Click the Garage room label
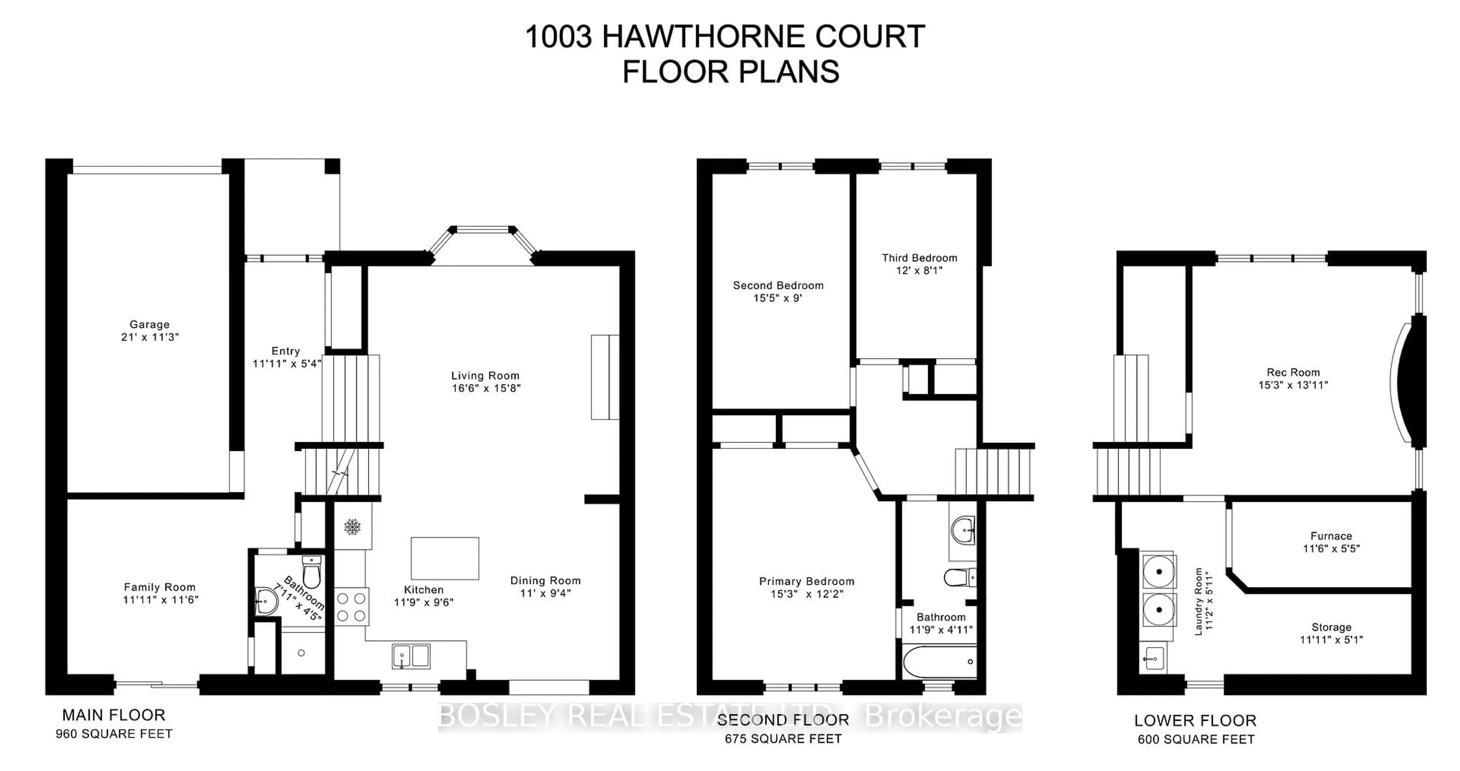pos(150,324)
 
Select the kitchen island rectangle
pos(445,558)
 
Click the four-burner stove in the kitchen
pos(351,607)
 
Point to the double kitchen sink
pos(411,657)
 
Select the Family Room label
pos(160,587)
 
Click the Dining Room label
pos(545,581)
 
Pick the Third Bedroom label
pos(919,258)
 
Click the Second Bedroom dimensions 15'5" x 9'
pos(778,298)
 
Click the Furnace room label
pos(1331,536)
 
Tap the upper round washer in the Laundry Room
pos(1159,571)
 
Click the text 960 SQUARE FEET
pos(114,734)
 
